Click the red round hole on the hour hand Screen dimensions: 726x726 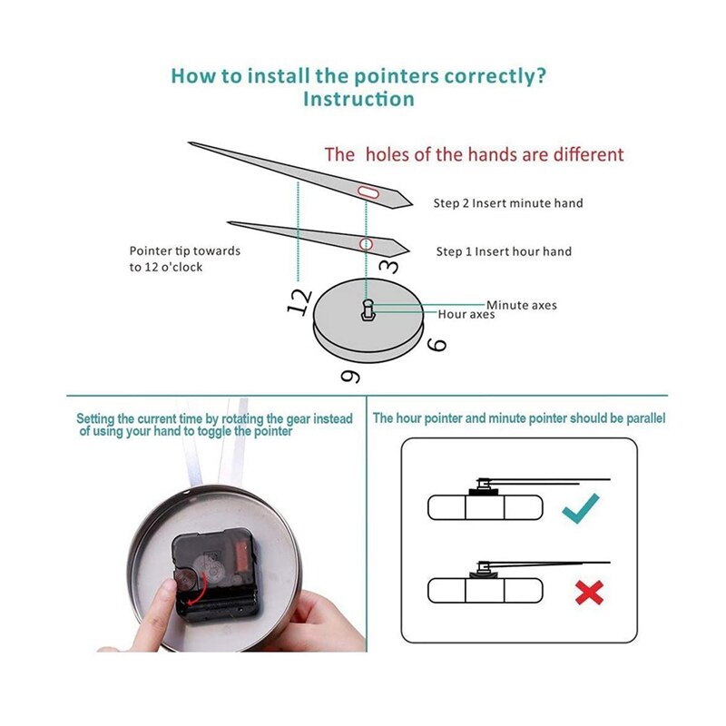pyautogui.click(x=367, y=244)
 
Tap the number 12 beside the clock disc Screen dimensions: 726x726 pyautogui.click(x=299, y=301)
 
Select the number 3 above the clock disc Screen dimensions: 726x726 pyautogui.click(x=388, y=267)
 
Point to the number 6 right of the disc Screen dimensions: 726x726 pyautogui.click(x=437, y=345)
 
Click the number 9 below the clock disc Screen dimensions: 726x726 pyautogui.click(x=351, y=377)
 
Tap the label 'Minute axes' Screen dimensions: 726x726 pyautogui.click(x=521, y=305)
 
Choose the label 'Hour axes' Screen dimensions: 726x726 pyautogui.click(x=466, y=314)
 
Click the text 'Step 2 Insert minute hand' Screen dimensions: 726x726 pyautogui.click(x=508, y=202)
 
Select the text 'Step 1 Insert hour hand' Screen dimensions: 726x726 pyautogui.click(x=504, y=251)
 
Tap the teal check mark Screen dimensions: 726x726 pyautogui.click(x=581, y=508)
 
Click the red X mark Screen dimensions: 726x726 pyautogui.click(x=589, y=593)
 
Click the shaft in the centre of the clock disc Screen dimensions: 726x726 pyautogui.click(x=368, y=309)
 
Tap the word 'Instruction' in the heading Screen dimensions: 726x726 pyautogui.click(x=358, y=99)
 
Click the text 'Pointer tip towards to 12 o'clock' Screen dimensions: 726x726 pyautogui.click(x=185, y=259)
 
